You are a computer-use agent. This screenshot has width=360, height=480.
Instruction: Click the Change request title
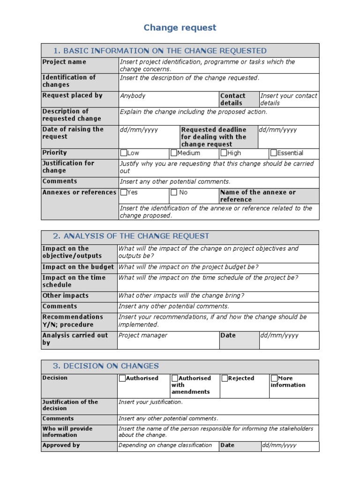click(180, 28)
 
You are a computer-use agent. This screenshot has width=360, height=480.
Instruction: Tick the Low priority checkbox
click(124, 153)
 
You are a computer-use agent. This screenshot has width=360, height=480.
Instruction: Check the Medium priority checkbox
click(174, 153)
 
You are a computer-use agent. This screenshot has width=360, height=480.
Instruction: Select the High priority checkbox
click(224, 153)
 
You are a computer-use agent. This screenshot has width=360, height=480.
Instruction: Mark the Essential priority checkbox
click(274, 153)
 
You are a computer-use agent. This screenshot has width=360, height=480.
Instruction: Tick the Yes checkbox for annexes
click(124, 192)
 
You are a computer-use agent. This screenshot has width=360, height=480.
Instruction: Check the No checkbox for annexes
click(174, 192)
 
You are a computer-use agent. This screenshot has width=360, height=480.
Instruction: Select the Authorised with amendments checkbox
click(175, 378)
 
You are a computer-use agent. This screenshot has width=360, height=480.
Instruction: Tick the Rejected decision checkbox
click(225, 378)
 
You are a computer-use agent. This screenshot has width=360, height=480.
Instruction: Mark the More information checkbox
click(274, 378)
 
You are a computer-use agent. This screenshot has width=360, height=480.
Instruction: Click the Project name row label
click(64, 62)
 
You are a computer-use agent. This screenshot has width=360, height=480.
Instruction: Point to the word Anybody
click(133, 96)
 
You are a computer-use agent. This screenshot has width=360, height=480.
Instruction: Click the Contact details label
click(232, 99)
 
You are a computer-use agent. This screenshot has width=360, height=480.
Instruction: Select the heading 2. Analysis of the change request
click(131, 236)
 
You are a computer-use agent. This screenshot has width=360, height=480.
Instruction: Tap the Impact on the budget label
click(78, 267)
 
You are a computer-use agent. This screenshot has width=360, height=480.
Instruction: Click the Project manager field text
click(142, 336)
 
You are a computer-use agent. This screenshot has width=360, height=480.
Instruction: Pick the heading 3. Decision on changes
click(106, 366)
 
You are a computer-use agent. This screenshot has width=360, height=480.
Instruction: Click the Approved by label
click(61, 445)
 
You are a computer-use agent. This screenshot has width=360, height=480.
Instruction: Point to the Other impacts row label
click(65, 296)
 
